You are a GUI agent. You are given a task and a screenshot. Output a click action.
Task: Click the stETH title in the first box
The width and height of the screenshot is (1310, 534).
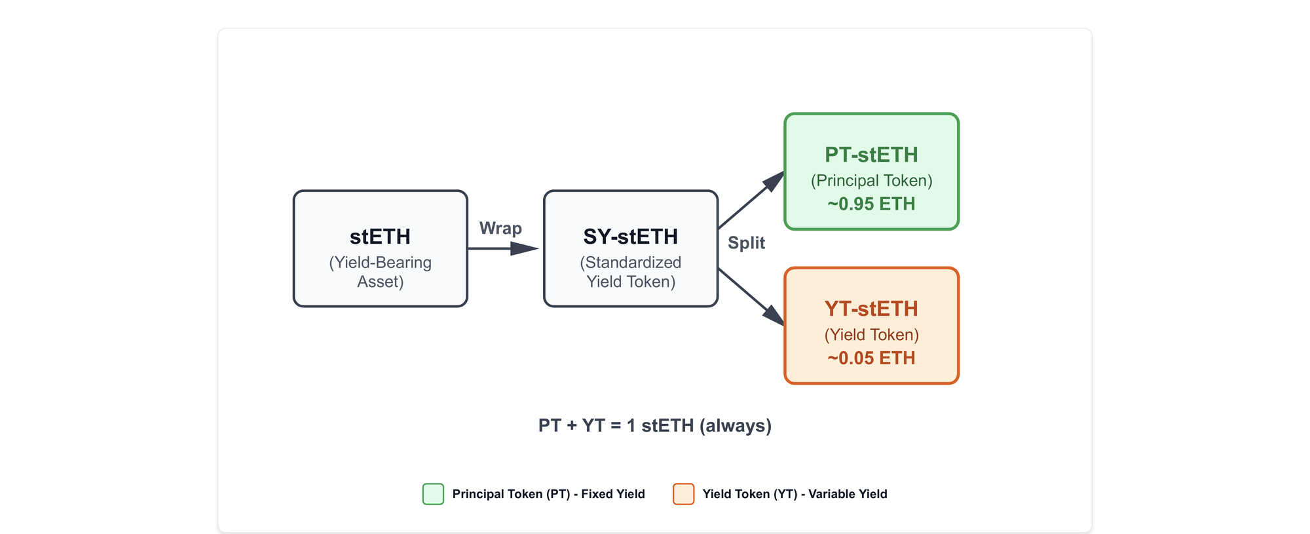(380, 237)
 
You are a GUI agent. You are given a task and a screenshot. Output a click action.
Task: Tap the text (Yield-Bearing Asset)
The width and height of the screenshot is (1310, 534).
(380, 272)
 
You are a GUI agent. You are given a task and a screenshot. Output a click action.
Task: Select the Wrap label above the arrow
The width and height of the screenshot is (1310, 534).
(500, 229)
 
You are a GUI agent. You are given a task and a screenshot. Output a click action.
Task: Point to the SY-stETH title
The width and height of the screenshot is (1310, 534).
(630, 237)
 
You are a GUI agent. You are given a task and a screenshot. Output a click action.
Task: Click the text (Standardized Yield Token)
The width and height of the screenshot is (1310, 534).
(630, 272)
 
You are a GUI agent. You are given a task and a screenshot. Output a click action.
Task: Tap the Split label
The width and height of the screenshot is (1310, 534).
(746, 243)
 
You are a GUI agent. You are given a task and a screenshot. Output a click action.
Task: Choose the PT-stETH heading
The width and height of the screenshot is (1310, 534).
(871, 155)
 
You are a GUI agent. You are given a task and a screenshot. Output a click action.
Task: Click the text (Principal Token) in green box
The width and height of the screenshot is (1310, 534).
(871, 181)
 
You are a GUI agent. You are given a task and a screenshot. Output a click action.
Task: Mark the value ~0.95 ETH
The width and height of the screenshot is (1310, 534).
(871, 204)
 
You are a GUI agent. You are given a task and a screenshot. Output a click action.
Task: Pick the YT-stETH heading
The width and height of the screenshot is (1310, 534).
(871, 309)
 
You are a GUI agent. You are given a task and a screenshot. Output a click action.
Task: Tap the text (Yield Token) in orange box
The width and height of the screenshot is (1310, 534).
(871, 335)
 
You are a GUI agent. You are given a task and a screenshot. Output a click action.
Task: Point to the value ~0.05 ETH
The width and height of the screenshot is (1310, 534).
(871, 358)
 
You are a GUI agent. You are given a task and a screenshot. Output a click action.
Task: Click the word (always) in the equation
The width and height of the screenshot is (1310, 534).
(736, 426)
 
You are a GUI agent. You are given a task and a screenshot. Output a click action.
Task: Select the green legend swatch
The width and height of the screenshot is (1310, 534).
(433, 494)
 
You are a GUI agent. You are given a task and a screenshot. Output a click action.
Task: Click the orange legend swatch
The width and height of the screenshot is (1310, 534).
(683, 494)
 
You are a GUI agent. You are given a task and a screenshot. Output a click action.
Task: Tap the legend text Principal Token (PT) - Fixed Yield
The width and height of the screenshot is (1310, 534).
(548, 494)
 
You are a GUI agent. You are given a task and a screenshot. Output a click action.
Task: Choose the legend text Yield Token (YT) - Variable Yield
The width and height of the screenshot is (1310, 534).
(795, 494)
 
